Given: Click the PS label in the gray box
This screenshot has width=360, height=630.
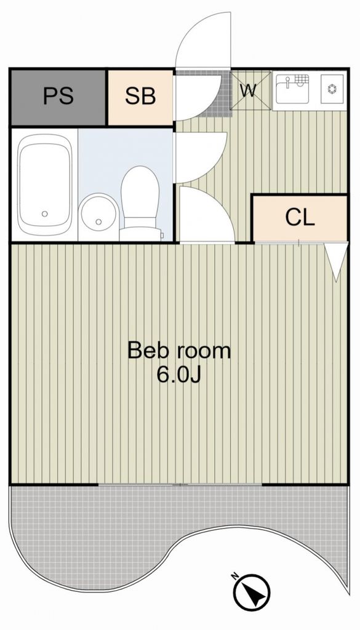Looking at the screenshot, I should pos(58,97).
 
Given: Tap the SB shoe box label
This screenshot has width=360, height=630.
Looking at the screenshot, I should pos(140,97).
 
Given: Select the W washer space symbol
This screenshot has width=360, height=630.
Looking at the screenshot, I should pos(249,90).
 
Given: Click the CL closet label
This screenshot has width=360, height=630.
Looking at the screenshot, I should pos(300,217).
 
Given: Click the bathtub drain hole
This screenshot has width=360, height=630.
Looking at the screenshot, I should pos(44,213).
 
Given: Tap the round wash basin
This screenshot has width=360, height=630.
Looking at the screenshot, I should pos(98,212).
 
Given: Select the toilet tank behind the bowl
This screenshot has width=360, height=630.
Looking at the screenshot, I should pos(141,233).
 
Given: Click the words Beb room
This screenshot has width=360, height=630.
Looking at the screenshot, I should pos(178,351).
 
